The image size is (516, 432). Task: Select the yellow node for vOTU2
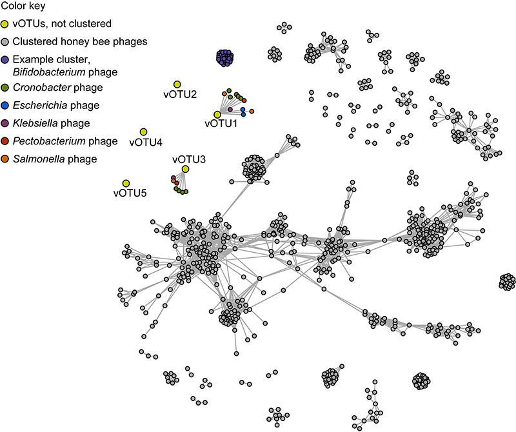(177, 84)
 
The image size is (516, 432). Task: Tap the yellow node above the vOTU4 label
(143, 132)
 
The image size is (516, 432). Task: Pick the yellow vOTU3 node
(186, 169)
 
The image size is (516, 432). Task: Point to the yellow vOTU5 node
(126, 183)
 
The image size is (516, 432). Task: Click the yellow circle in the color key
(5, 25)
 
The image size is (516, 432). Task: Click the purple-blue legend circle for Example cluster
(5, 59)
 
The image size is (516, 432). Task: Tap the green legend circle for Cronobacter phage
(5, 87)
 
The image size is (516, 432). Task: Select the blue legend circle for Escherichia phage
(5, 105)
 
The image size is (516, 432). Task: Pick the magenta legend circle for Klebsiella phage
(5, 123)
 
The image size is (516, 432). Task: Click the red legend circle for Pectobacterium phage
(5, 141)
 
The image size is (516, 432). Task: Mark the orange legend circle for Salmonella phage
(5, 159)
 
